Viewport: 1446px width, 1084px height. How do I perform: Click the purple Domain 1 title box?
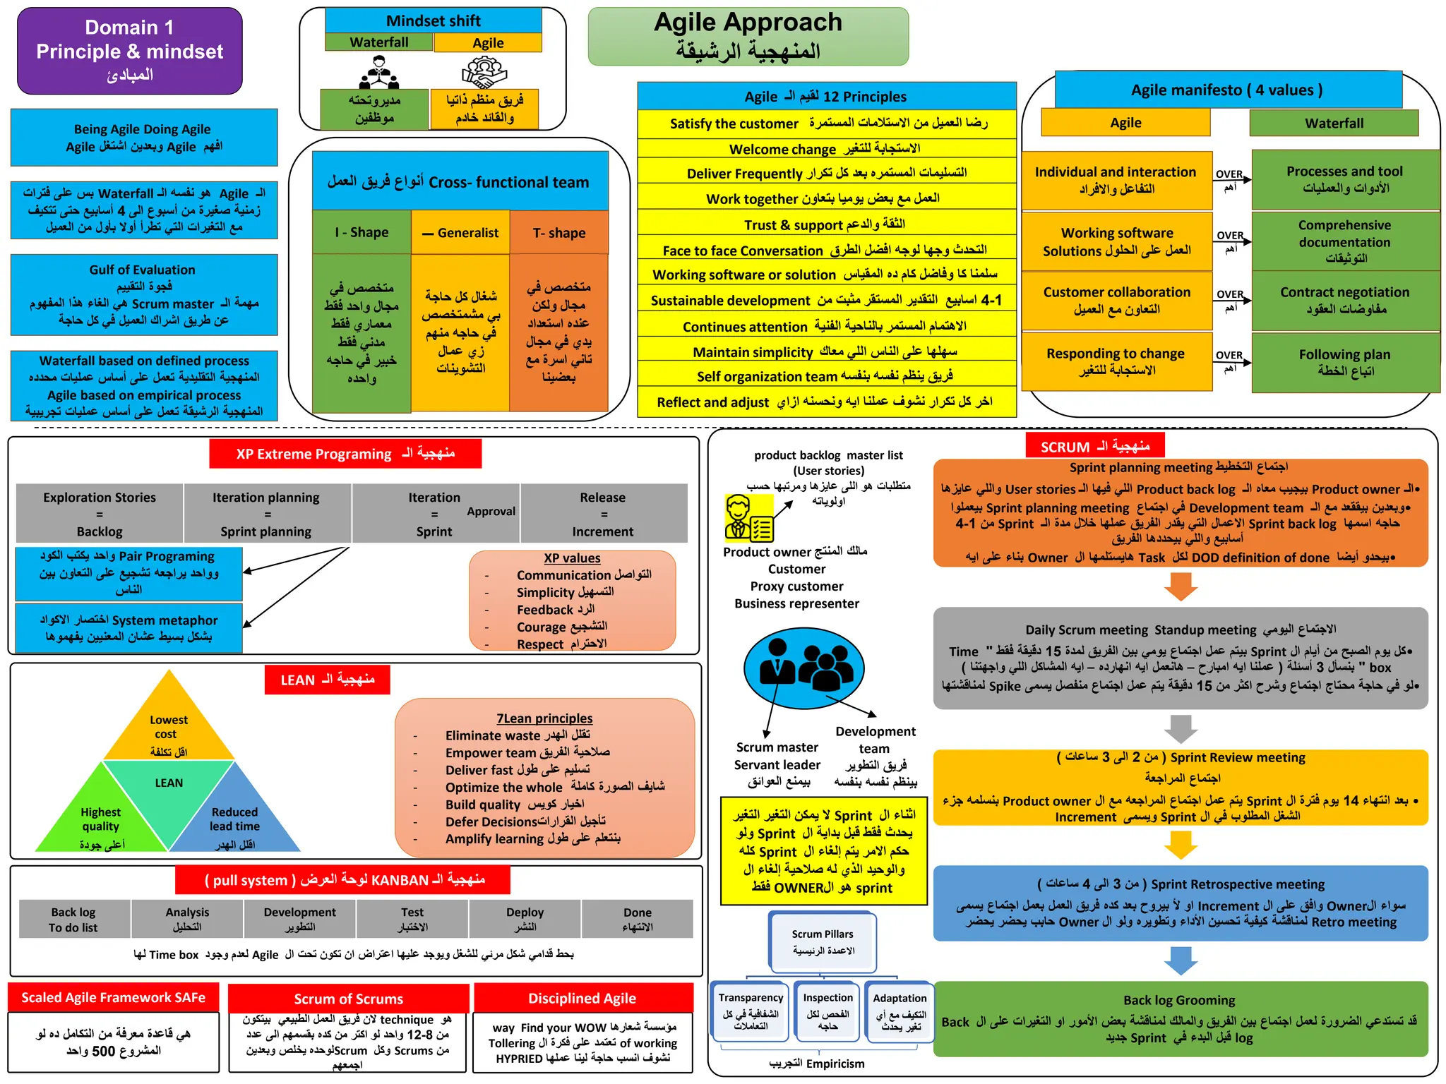[129, 51]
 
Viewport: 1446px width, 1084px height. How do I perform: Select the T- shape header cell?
[558, 233]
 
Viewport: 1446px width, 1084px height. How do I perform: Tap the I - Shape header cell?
[361, 233]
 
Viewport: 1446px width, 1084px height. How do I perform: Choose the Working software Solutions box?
[1116, 242]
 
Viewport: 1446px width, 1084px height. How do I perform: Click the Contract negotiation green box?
[1344, 301]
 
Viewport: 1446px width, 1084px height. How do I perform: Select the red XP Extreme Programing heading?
[345, 454]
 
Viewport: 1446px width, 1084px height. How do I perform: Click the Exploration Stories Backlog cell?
[100, 514]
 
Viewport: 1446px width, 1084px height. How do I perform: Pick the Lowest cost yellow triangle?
[169, 723]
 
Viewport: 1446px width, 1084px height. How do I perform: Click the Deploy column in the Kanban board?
[525, 919]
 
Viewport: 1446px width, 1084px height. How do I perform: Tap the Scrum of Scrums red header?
[348, 999]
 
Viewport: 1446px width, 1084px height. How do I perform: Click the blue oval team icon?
[803, 668]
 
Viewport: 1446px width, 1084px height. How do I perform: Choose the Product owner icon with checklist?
[749, 519]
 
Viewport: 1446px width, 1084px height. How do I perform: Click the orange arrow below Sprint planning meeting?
[1181, 586]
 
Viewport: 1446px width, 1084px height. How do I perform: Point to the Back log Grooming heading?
[1179, 1000]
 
